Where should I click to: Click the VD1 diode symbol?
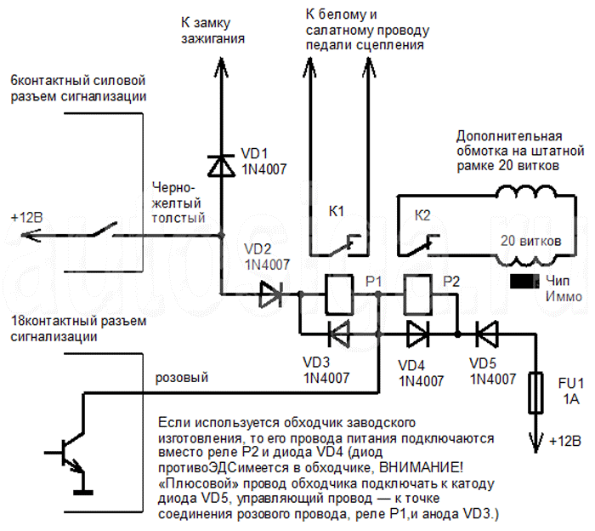click(x=223, y=164)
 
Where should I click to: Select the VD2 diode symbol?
click(x=270, y=295)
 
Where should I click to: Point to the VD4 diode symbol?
click(x=417, y=333)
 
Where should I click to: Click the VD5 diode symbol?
click(x=488, y=333)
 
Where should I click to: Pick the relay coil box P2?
click(x=418, y=295)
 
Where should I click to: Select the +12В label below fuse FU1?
click(x=565, y=442)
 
